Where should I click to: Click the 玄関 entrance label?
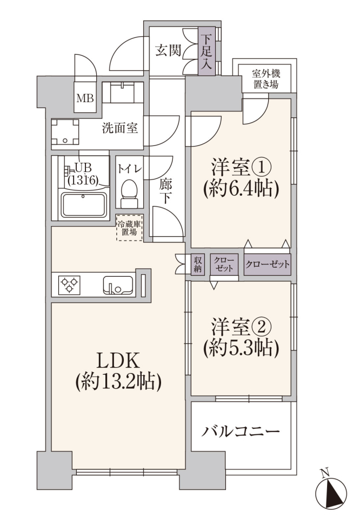pos(169,51)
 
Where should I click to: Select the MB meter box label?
pos(85,98)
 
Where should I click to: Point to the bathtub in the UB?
pos(84,205)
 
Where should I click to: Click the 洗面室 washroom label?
pos(120,128)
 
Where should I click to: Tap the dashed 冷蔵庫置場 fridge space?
pos(129,228)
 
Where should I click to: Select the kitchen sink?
pos(118,285)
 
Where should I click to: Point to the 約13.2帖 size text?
pos(118,382)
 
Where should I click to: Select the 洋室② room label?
pos(242,327)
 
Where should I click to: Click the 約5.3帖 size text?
pos(242,348)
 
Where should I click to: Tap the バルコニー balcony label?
pos(241,431)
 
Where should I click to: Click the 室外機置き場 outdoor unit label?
pos(266,78)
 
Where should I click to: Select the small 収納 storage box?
pos(197,264)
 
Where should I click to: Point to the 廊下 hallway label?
pos(165,191)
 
